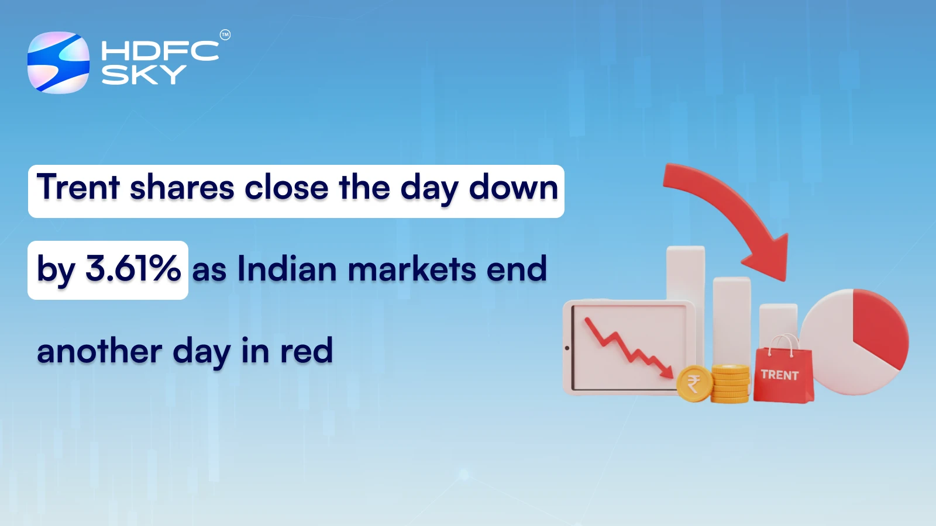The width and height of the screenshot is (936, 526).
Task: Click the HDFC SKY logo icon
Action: [58, 63]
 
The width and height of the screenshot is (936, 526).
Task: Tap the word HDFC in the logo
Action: [160, 51]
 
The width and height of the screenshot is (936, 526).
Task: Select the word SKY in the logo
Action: [144, 75]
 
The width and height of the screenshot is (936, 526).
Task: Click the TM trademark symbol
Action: [225, 35]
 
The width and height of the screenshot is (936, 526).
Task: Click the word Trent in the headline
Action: [78, 188]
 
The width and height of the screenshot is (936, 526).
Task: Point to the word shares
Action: [182, 188]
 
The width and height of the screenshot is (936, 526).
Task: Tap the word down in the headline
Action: [514, 188]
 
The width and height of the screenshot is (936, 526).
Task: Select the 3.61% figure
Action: [133, 269]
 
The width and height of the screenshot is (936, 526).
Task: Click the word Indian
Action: [287, 269]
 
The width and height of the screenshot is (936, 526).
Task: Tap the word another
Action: [99, 351]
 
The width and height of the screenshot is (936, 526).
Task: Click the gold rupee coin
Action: [694, 384]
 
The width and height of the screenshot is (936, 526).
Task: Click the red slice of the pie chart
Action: [877, 327]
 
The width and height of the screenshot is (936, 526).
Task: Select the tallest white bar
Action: [685, 275]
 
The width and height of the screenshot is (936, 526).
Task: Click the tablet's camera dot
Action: [567, 348]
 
